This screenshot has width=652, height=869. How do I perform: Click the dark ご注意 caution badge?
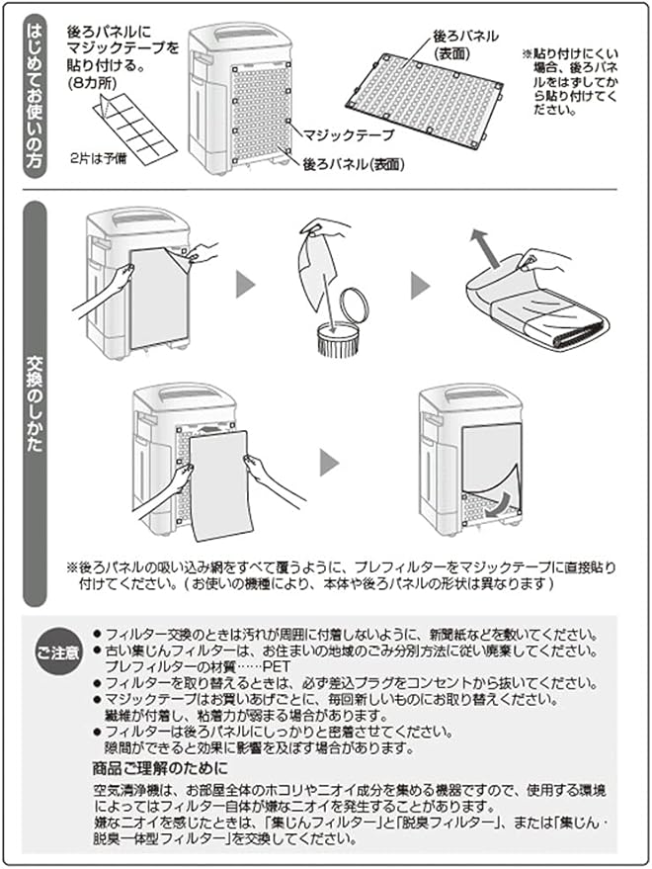(x=58, y=652)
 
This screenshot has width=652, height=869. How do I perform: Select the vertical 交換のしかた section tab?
(x=35, y=403)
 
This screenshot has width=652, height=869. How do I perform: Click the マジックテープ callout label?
(x=349, y=134)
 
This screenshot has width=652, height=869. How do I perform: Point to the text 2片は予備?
(x=98, y=158)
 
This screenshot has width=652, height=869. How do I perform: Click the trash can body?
(x=338, y=340)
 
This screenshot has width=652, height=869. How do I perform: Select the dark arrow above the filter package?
(x=482, y=244)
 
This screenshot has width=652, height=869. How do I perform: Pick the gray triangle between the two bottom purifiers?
(x=329, y=462)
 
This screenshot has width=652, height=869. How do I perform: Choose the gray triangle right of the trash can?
(x=421, y=286)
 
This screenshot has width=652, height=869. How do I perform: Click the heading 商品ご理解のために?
(x=160, y=768)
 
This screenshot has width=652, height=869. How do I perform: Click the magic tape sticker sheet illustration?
(x=134, y=129)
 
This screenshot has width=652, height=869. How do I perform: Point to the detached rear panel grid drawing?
(x=425, y=100)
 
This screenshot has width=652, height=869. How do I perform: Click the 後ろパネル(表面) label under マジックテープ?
(x=354, y=164)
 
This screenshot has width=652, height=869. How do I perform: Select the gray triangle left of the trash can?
(x=245, y=286)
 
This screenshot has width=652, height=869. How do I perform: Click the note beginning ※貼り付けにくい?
(x=571, y=81)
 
